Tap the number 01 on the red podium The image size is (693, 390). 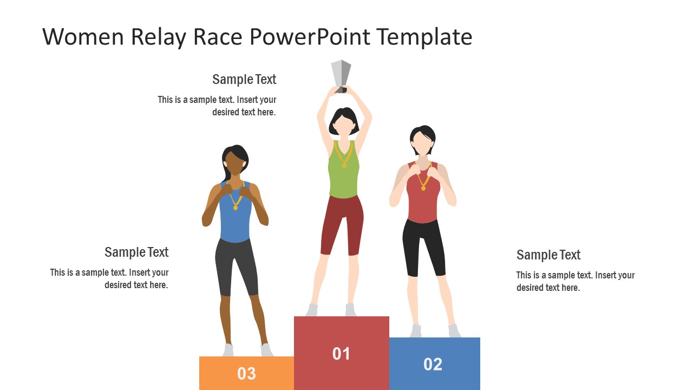coord(341,354)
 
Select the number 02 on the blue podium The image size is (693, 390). coord(433,364)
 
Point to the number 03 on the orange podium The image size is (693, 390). coord(246,373)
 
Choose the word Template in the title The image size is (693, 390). coord(424,37)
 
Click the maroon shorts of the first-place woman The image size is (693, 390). coord(342,222)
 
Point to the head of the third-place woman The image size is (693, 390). coord(234,160)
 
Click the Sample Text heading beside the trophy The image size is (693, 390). coord(244,80)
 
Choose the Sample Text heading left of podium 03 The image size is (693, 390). coord(136,252)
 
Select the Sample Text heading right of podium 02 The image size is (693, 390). coord(548,255)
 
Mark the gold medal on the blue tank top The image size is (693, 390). coord(236,207)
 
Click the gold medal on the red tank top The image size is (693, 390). coord(423,187)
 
